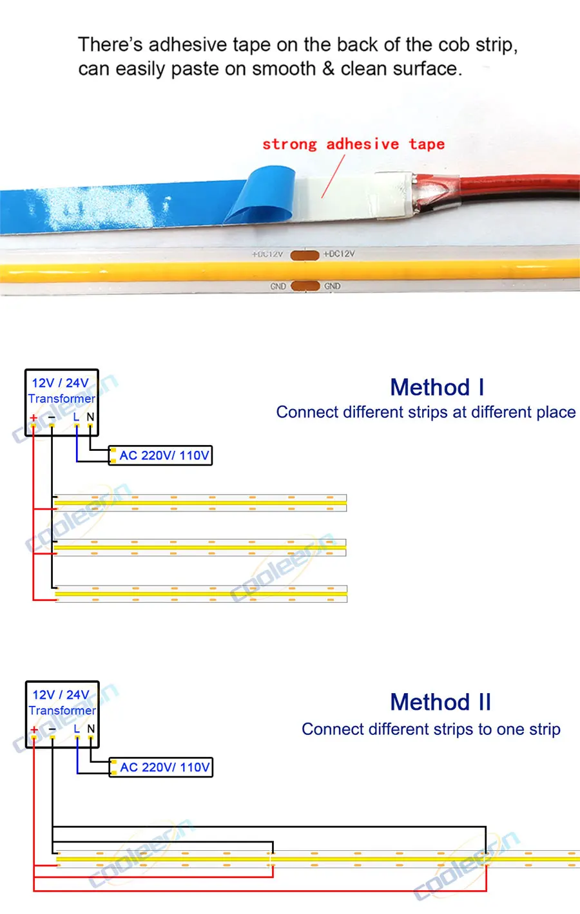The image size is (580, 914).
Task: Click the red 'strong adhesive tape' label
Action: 353,144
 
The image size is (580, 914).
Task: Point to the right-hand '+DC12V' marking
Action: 339,254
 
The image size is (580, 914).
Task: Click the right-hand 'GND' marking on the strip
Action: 333,286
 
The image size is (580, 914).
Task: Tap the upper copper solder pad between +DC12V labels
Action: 305,255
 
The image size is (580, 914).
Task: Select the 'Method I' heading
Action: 437,388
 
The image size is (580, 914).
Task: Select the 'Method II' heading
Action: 440,702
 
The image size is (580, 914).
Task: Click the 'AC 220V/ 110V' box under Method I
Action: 160,455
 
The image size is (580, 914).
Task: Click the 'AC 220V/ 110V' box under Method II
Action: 161,767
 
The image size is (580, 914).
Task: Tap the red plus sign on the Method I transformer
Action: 34,418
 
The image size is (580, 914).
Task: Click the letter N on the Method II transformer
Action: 91,728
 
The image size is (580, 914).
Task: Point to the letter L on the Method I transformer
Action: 76,417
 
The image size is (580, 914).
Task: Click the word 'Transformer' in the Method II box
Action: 62,710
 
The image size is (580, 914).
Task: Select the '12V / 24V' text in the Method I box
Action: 61,383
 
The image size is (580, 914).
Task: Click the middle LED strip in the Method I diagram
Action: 200,547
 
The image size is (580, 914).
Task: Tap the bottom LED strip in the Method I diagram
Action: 200,593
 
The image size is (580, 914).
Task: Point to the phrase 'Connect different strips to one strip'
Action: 430,729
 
